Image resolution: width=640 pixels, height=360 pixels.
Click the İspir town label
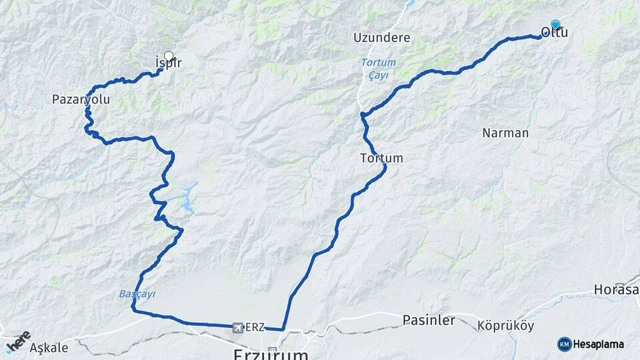point(168,63)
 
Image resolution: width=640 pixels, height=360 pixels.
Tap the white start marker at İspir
point(168,56)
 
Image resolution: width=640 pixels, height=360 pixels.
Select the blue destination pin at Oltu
point(555,25)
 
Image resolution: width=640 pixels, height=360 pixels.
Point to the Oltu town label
point(555,32)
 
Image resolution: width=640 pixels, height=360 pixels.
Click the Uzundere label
point(382,37)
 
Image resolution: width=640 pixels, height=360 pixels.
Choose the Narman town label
point(505,133)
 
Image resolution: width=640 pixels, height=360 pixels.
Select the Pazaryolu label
point(81,99)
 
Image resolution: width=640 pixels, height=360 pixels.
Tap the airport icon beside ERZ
point(237,327)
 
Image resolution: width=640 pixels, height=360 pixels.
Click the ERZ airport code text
point(255,327)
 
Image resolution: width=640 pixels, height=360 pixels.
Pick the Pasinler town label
point(429,320)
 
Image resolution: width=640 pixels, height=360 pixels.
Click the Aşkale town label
point(49,347)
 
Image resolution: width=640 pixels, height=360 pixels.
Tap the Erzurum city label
point(271,353)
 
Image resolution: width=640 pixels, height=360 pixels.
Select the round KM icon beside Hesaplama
point(564,344)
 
